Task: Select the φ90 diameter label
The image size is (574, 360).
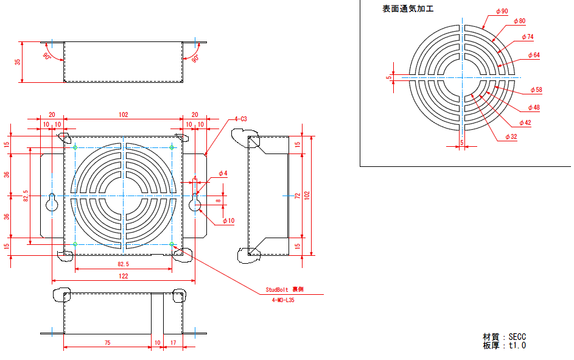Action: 502,11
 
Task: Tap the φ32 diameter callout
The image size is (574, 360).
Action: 511,137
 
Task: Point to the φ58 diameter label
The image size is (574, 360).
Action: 536,90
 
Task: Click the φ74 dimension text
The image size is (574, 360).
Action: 527,37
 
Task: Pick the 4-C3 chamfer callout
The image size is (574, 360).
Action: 240,119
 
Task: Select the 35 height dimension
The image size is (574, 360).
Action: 18,62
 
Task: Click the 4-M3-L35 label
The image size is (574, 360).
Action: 284,300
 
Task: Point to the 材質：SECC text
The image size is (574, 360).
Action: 504,336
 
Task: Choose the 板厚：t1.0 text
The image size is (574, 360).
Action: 504,345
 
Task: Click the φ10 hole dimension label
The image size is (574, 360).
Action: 228,221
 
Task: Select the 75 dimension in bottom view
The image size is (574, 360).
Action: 107,343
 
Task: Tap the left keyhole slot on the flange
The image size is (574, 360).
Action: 52,203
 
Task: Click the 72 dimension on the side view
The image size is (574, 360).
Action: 297,196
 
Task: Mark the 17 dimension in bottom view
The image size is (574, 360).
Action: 173,343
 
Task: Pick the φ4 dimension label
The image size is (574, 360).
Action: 223,174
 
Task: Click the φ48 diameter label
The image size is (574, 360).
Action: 533,107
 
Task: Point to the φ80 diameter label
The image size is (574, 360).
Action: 519,21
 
